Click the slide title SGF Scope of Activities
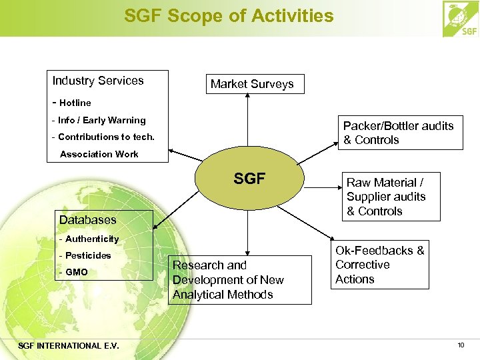[229, 16]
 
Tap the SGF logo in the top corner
[460, 19]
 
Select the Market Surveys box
[251, 84]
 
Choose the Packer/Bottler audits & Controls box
[398, 133]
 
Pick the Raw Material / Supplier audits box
[382, 197]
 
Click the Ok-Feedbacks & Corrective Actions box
[379, 265]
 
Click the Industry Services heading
[98, 81]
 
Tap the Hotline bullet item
[71, 103]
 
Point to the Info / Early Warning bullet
[98, 120]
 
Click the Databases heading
[87, 219]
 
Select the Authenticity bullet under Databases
[89, 239]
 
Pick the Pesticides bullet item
[85, 255]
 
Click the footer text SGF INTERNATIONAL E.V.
[69, 345]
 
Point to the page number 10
[461, 345]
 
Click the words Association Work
[99, 154]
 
